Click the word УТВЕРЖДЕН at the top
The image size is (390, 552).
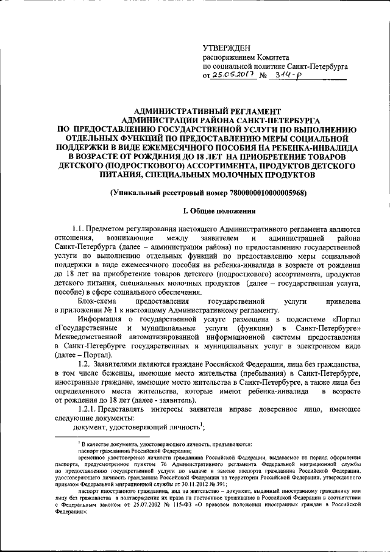(226, 48)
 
